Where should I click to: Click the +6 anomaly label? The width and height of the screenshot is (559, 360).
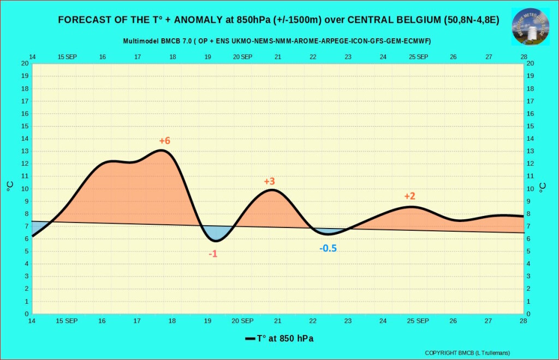164,141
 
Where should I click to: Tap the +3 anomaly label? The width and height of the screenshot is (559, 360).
269,182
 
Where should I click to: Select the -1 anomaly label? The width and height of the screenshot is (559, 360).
213,254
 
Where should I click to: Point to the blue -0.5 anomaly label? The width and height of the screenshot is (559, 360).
328,249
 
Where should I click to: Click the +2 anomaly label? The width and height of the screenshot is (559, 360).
410,196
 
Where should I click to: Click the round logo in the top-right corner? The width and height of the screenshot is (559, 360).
530,26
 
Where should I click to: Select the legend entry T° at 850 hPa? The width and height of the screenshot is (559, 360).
279,339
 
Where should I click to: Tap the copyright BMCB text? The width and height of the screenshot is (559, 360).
467,353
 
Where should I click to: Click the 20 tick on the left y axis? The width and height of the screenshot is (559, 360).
25,63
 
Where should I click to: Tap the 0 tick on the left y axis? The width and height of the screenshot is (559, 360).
27,314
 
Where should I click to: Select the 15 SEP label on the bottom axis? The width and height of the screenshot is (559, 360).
67,321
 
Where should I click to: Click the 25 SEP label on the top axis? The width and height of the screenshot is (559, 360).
418,57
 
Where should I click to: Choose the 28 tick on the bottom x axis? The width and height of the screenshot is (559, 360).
524,321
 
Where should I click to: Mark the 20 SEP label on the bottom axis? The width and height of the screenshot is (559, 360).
242,321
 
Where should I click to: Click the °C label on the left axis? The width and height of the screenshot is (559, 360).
10,187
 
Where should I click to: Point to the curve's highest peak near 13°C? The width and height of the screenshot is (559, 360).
162,150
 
